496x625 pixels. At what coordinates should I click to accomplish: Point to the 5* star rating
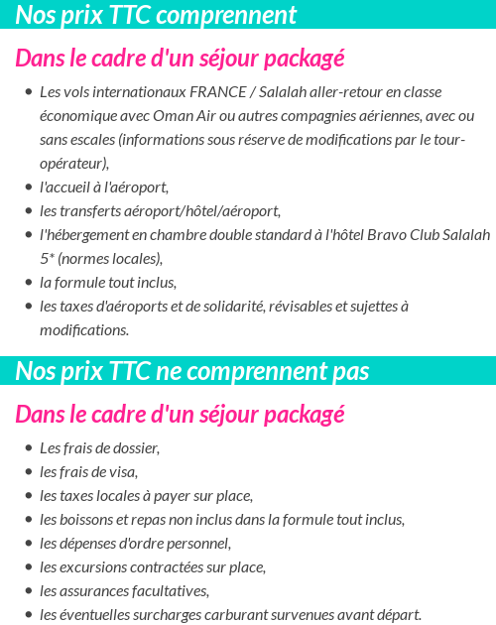pyautogui.click(x=47, y=259)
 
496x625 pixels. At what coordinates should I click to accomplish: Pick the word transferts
pyautogui.click(x=97, y=211)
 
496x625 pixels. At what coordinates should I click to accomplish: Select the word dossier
pyautogui.click(x=135, y=448)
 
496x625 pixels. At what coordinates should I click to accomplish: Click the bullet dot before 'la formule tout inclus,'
pyautogui.click(x=28, y=283)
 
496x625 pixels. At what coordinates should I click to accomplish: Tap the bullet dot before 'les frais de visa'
pyautogui.click(x=28, y=472)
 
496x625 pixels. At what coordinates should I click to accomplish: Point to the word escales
pyautogui.click(x=81, y=140)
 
